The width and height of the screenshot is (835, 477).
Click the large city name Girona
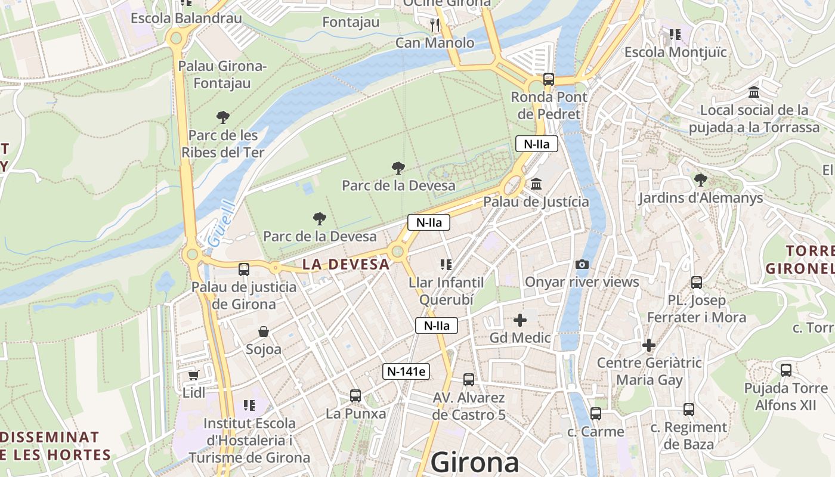[475, 463]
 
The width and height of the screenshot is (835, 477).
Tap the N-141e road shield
[406, 371]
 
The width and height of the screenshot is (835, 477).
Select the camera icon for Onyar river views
[582, 264]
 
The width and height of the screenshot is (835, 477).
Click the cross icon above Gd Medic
[520, 320]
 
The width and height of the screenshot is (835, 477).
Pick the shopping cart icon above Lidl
[193, 375]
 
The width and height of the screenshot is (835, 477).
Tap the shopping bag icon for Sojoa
[263, 332]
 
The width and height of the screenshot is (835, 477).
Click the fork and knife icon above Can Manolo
[435, 24]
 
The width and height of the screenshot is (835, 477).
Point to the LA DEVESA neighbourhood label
[345, 264]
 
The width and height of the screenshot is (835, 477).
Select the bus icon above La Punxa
[355, 395]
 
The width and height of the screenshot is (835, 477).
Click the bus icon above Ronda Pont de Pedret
[548, 79]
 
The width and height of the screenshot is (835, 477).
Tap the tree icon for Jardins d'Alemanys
[700, 180]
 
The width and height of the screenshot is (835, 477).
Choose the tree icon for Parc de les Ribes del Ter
[222, 117]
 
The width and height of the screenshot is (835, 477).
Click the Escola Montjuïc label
[675, 52]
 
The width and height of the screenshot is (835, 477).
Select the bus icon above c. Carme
[595, 414]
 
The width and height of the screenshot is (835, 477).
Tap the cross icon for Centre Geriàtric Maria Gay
[649, 345]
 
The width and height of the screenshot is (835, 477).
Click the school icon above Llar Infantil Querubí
[446, 264]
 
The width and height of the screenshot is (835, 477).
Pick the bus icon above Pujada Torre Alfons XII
[785, 370]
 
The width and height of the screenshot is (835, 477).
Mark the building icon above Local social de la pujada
[754, 92]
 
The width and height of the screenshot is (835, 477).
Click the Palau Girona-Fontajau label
[222, 74]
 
